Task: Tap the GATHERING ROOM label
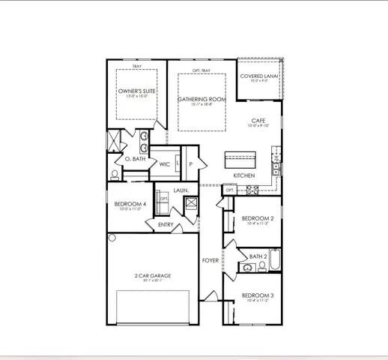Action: tap(201, 99)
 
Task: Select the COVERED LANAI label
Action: tap(258, 76)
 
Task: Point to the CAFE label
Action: tap(258, 121)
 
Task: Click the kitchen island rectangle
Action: tap(240, 160)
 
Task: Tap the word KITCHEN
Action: tap(243, 175)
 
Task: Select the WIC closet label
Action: tap(164, 163)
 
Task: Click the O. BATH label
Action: tap(135, 159)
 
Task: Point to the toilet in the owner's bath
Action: tap(114, 174)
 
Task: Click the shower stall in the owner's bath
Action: tap(115, 141)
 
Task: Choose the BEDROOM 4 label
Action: tap(130, 204)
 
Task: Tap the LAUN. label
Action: tap(181, 190)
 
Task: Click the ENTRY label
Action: tap(166, 224)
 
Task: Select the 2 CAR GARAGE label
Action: tap(152, 275)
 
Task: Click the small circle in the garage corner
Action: tap(112, 238)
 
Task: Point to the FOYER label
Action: tap(210, 260)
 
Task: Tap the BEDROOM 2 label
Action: tap(256, 218)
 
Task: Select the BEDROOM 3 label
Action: tap(256, 295)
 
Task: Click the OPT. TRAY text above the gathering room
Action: tap(201, 70)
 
